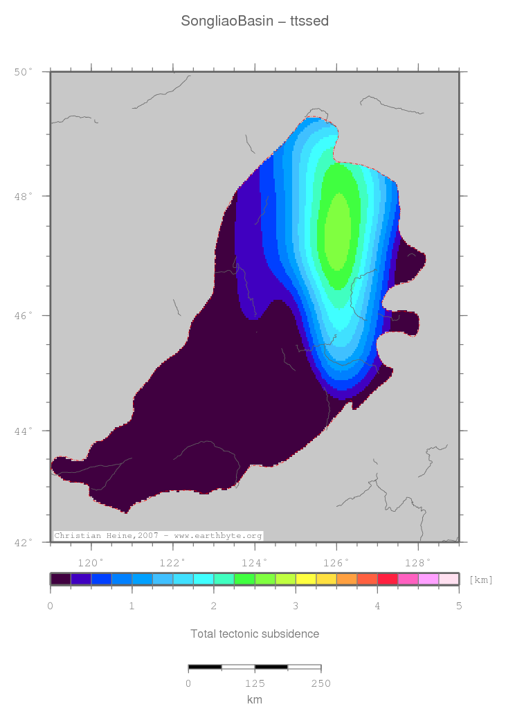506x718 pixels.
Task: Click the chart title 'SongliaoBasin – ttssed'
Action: point(254,21)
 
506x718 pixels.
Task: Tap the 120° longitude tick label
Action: point(91,562)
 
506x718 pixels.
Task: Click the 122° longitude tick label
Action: point(172,562)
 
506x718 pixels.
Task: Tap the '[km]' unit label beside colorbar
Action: point(480,580)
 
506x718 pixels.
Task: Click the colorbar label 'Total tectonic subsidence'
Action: point(254,634)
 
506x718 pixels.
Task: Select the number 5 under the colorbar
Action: point(458,607)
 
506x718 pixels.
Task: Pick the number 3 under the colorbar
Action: point(296,607)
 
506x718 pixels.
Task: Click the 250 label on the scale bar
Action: point(320,683)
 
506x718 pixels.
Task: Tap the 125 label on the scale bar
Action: point(255,683)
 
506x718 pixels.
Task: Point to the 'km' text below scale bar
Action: point(254,699)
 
